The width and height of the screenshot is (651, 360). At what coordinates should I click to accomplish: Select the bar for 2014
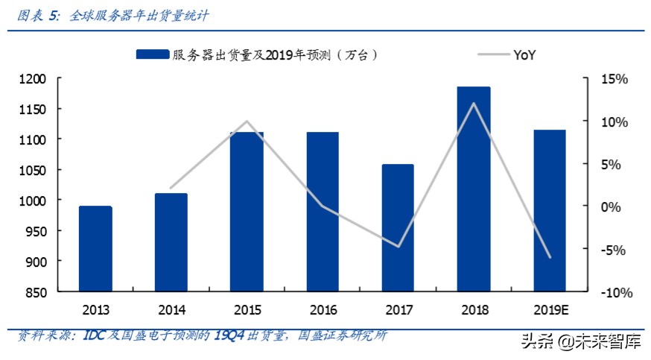coord(171,242)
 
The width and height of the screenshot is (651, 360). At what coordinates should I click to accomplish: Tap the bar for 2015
coord(247,212)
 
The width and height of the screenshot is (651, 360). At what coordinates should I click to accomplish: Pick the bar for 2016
coord(323,212)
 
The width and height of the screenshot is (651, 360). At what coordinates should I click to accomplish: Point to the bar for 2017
coord(398,227)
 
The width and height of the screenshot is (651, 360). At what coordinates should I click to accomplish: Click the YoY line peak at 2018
coord(474,103)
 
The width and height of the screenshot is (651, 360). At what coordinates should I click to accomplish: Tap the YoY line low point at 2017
coord(398,247)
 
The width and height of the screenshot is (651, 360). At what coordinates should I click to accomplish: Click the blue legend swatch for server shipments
coord(153,54)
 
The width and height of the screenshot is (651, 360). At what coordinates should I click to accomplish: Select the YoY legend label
coord(525,54)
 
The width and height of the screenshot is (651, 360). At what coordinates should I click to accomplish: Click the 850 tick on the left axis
coord(36,292)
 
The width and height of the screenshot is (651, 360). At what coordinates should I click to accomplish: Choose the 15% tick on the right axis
coord(616,79)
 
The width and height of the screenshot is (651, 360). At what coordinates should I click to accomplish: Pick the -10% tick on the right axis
coord(615,292)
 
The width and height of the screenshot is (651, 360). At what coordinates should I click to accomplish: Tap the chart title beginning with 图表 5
coord(112,14)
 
